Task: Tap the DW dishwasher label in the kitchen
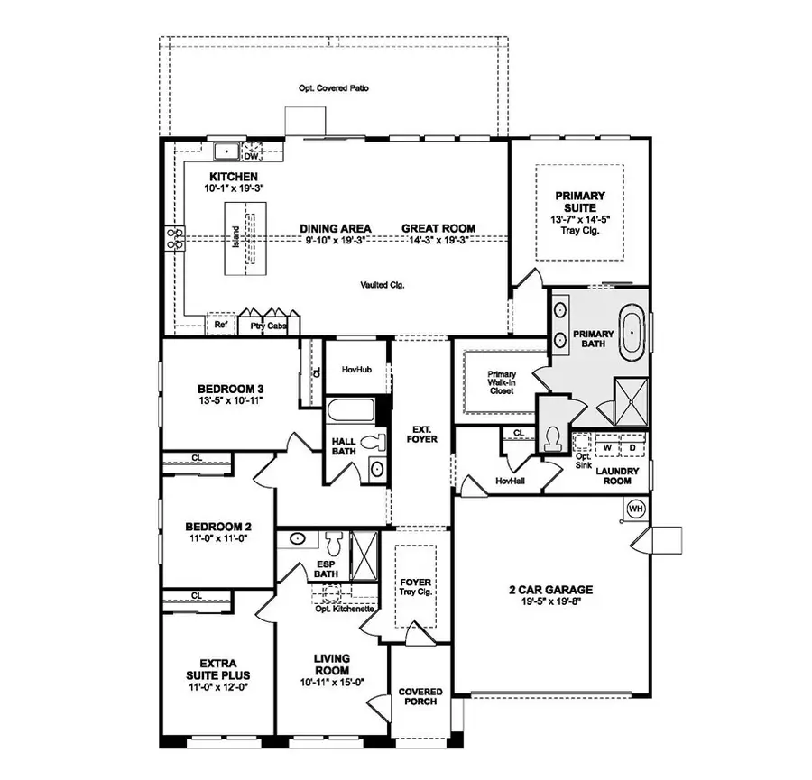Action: [x=252, y=154]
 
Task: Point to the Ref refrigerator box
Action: [x=220, y=325]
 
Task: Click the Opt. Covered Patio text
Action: [x=334, y=88]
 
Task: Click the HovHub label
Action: [x=350, y=370]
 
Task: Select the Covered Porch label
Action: [x=420, y=698]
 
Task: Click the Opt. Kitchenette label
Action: [x=345, y=610]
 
